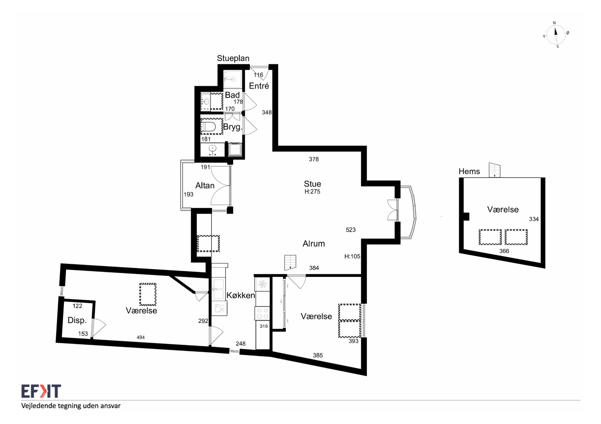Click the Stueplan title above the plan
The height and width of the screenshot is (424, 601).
coord(233,58)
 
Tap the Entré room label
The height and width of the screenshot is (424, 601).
coord(259,86)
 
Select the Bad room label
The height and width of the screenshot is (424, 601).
coord(232,95)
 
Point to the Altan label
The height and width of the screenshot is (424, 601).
coord(205,185)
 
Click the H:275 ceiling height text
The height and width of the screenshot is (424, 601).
coord(313,191)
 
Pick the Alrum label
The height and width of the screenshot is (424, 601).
coord(314,244)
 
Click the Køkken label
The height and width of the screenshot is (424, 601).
coord(241,295)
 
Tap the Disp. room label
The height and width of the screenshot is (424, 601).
coord(77,320)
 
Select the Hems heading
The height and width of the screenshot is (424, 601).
coord(469,171)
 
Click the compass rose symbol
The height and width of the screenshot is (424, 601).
coord(556,35)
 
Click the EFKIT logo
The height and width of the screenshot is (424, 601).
coord(41,391)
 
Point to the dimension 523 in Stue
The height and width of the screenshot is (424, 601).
coord(351,230)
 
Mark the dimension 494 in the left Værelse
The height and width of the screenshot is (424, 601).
coord(141,337)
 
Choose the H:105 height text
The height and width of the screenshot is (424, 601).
coord(352,256)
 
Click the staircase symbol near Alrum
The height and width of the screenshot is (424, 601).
coord(290,263)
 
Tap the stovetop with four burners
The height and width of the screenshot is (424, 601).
coord(262,313)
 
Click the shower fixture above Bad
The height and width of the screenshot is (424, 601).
coord(232,79)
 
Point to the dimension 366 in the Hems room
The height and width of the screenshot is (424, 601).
coord(504,251)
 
